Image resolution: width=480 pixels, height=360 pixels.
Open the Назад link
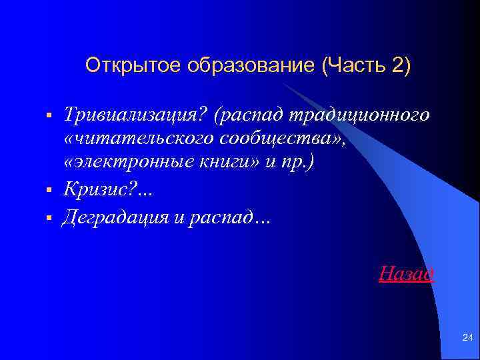[407, 273]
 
